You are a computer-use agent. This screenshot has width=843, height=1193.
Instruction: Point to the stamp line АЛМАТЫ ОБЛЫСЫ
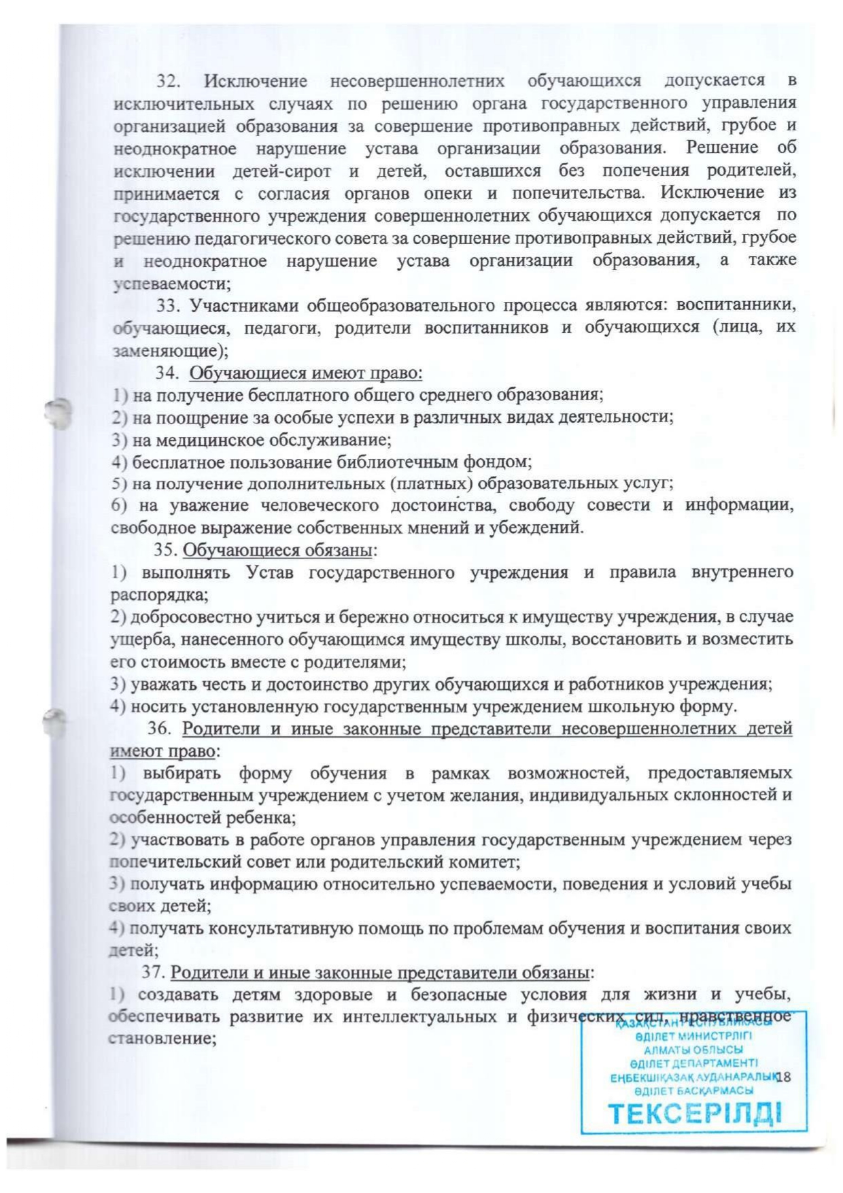pos(693,1050)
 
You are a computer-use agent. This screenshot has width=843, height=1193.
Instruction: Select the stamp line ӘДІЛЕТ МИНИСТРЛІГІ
pos(693,1037)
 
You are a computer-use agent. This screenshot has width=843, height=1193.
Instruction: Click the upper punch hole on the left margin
pos(58,413)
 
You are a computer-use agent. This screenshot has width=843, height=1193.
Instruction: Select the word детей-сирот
pos(281,170)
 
